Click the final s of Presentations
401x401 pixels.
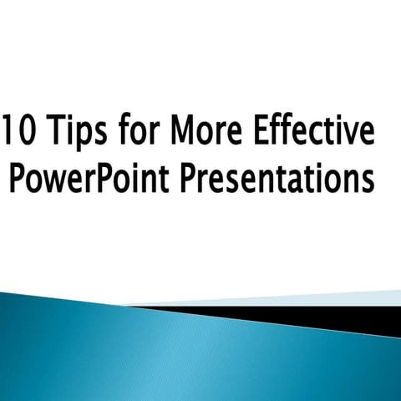pos(367,180)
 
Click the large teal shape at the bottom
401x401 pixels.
pos(167,359)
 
